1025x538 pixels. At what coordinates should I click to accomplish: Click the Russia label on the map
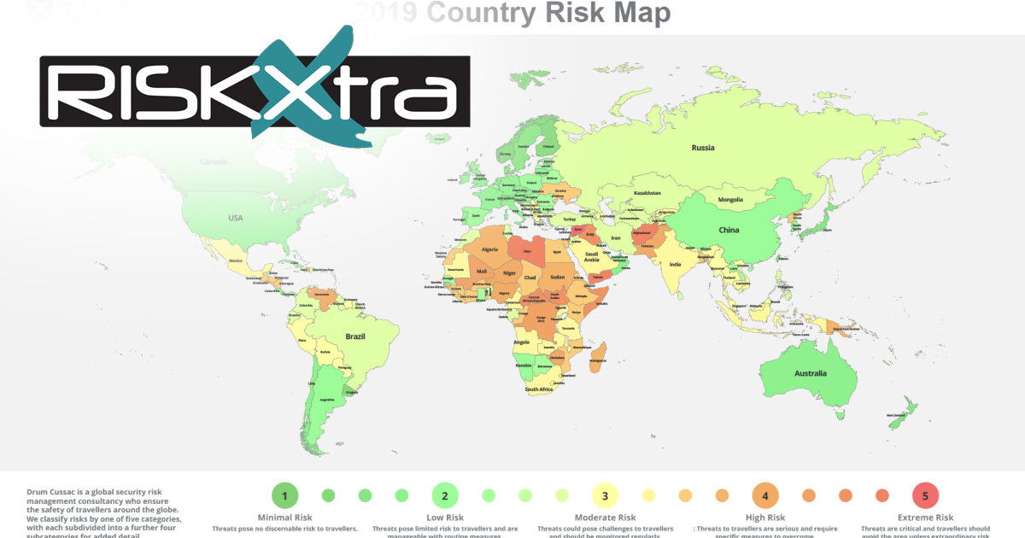[702, 148]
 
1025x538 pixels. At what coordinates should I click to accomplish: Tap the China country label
[728, 230]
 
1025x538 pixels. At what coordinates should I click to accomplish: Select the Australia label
[810, 373]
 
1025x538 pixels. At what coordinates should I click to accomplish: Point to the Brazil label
[354, 336]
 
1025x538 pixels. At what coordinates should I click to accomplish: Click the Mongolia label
[731, 200]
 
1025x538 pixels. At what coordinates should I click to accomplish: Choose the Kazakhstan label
[647, 193]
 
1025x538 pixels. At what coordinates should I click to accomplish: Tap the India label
[674, 265]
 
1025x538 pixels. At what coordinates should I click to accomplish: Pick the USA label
[235, 218]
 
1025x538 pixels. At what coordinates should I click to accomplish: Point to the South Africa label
[538, 389]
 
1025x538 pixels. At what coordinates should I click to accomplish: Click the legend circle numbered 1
[284, 494]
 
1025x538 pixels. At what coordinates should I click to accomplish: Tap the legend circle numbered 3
[605, 494]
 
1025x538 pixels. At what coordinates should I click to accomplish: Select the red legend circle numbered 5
[925, 494]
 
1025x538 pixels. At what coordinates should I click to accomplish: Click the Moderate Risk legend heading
[605, 518]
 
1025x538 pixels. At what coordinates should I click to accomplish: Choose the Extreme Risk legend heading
[925, 518]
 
